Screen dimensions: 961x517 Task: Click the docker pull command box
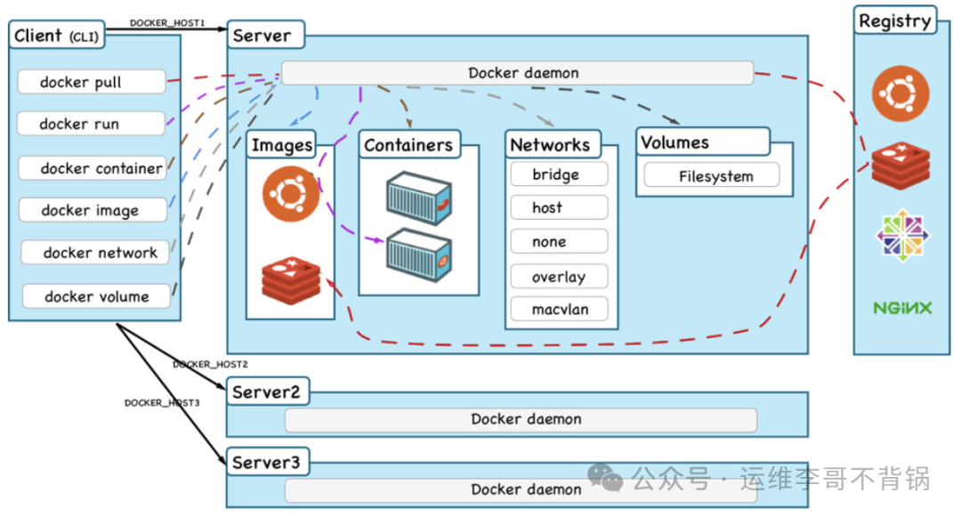coord(92,82)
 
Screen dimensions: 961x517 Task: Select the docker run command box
coord(92,123)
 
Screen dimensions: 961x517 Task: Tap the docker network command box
coord(95,253)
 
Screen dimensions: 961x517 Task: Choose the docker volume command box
coord(96,295)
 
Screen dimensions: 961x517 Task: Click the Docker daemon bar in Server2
coord(521,420)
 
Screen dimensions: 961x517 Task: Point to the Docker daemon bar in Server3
coord(521,489)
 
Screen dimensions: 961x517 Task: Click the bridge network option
coord(559,174)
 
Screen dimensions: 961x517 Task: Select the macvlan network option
coord(559,310)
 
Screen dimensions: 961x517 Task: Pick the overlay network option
coord(559,276)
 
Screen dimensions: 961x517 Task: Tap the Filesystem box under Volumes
coord(712,176)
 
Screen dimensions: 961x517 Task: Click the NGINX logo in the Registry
coord(902,308)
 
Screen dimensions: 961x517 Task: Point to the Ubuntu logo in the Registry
coord(900,93)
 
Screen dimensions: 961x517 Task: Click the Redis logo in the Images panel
coord(291,280)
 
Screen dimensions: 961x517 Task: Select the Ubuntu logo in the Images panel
coord(291,194)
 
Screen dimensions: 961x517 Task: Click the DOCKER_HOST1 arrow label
coord(167,22)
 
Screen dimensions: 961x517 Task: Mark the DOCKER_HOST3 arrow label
coord(162,402)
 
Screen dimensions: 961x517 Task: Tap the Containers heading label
coord(408,144)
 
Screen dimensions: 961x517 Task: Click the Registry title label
coord(895,20)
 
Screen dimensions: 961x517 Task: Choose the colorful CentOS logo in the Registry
coord(902,235)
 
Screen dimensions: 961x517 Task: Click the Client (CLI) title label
coord(56,35)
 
